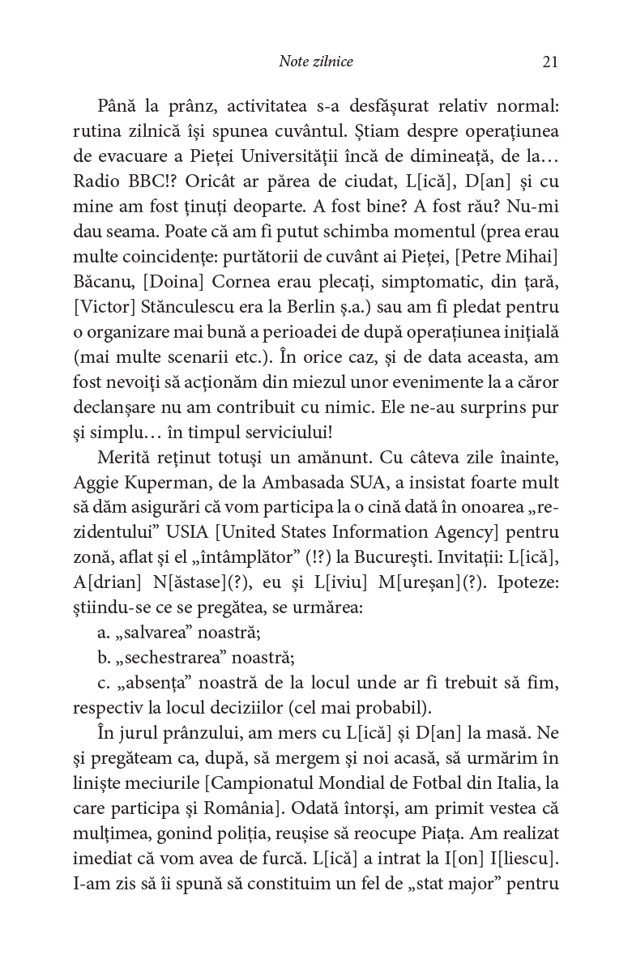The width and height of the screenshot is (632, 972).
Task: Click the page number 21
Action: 549,62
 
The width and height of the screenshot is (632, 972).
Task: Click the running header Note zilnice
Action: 315,62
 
